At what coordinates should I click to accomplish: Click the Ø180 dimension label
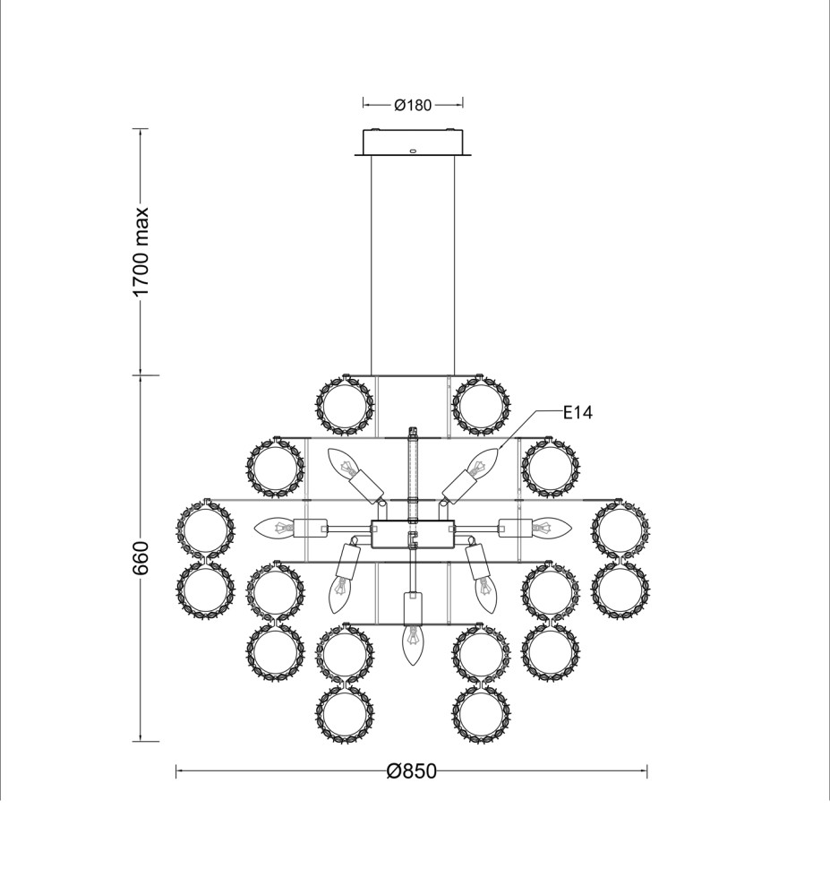click(413, 105)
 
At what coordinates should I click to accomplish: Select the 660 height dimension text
click(141, 557)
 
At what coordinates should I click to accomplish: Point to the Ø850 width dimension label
click(412, 771)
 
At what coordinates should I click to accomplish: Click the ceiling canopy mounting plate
click(413, 143)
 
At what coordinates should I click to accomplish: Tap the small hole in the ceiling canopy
click(413, 151)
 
